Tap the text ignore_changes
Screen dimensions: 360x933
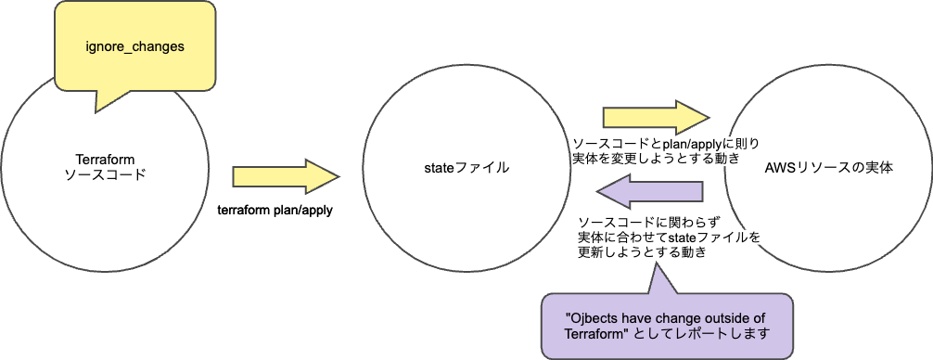[x=135, y=45]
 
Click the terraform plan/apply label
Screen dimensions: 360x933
[x=275, y=211]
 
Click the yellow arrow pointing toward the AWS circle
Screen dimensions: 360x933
[x=655, y=117]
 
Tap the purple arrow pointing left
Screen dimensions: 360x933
[x=648, y=193]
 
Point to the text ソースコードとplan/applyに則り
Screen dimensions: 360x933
[x=666, y=144]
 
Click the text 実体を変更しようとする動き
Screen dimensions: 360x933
[x=656, y=159]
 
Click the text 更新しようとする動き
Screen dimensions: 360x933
[x=641, y=252]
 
